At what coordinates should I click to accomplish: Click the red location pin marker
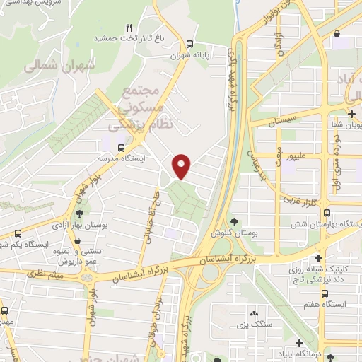coord(182,166)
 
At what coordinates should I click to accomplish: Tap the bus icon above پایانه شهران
coord(189,41)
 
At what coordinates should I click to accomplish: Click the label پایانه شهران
coord(187,52)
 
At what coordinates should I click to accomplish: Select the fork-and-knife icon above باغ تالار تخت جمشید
coord(128,28)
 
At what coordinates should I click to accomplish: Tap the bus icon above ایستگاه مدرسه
coord(122,148)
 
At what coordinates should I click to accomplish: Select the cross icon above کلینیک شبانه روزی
coord(319,258)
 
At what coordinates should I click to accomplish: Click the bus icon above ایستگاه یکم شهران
coord(18,233)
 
